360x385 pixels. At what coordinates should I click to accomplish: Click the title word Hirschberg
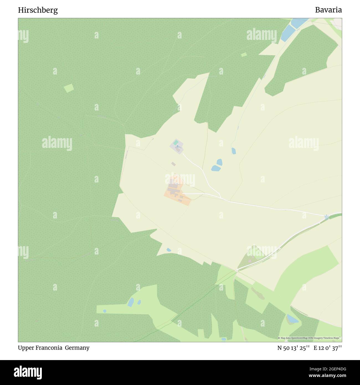click(x=38, y=10)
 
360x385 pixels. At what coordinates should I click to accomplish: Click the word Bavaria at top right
click(x=328, y=10)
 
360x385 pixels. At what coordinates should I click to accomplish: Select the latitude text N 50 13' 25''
click(x=294, y=348)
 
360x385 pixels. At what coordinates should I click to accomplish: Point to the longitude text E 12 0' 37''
click(x=328, y=348)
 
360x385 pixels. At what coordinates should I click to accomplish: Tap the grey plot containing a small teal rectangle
click(x=176, y=146)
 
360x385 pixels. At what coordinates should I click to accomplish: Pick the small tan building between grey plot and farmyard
click(x=173, y=164)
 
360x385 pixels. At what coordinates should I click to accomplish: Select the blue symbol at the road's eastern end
click(x=327, y=217)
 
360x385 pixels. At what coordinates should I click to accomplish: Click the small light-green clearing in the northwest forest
click(x=69, y=88)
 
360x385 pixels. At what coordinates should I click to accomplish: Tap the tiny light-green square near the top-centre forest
click(x=244, y=55)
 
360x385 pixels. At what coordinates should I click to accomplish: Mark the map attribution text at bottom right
click(x=310, y=338)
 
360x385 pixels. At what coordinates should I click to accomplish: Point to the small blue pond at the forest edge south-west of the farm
click(x=169, y=250)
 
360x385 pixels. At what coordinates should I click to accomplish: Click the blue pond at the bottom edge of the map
click(x=223, y=339)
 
